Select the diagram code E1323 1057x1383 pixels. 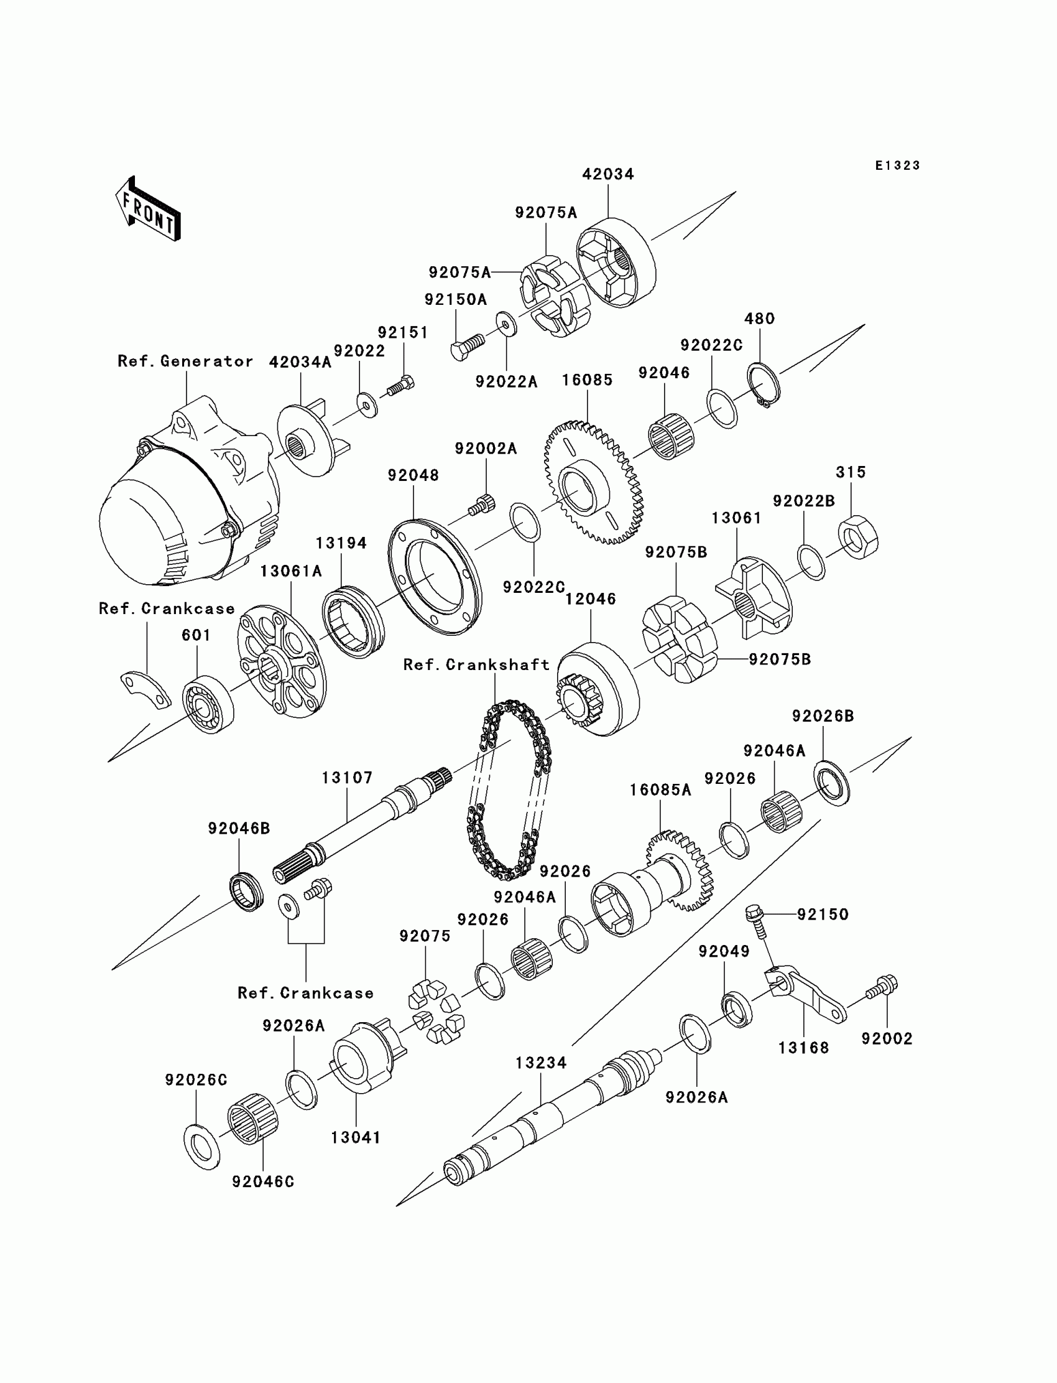coord(897,165)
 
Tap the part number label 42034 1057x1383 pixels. coord(608,174)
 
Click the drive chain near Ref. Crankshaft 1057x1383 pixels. coord(509,790)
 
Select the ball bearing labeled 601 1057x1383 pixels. coord(208,704)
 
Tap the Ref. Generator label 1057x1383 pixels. coord(185,361)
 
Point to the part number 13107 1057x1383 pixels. coord(348,778)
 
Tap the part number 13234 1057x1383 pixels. coord(541,1063)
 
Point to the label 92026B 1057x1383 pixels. coord(823,716)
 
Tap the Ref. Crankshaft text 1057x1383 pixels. coord(476,664)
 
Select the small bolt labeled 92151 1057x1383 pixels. coord(400,385)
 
